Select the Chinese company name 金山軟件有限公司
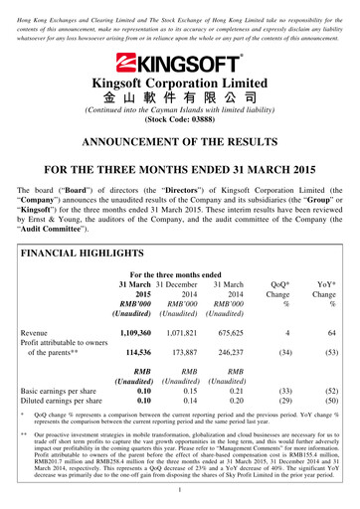(179, 97)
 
